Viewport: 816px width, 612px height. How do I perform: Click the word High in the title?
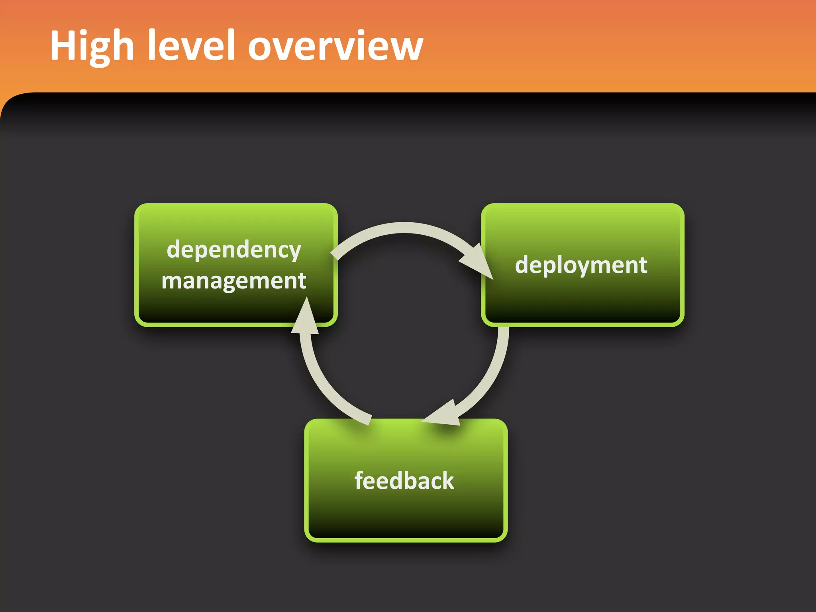(x=92, y=46)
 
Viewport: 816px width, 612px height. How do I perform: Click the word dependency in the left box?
(x=234, y=250)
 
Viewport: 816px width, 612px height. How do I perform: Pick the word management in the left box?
(x=234, y=281)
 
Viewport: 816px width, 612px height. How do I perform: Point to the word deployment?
(x=581, y=265)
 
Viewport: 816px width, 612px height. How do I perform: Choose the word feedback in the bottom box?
(x=404, y=481)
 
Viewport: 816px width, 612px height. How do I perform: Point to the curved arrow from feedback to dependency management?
(x=327, y=382)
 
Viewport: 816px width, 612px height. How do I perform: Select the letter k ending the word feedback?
(x=447, y=481)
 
